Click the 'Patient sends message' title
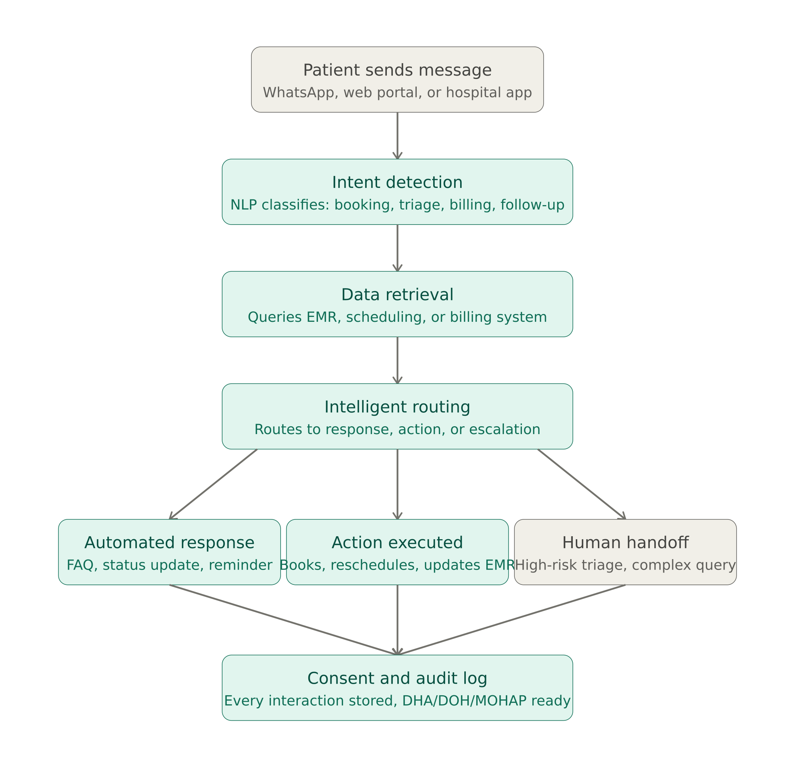[397, 70]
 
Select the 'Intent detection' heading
[397, 183]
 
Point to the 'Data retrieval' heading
[397, 295]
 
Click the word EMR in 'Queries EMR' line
[322, 317]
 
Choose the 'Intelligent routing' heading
[397, 407]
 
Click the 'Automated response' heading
[169, 542]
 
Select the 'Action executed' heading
[397, 542]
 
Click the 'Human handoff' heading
[625, 542]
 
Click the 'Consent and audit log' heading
[397, 678]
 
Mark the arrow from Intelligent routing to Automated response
[213, 484]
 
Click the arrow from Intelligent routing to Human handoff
[582, 484]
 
